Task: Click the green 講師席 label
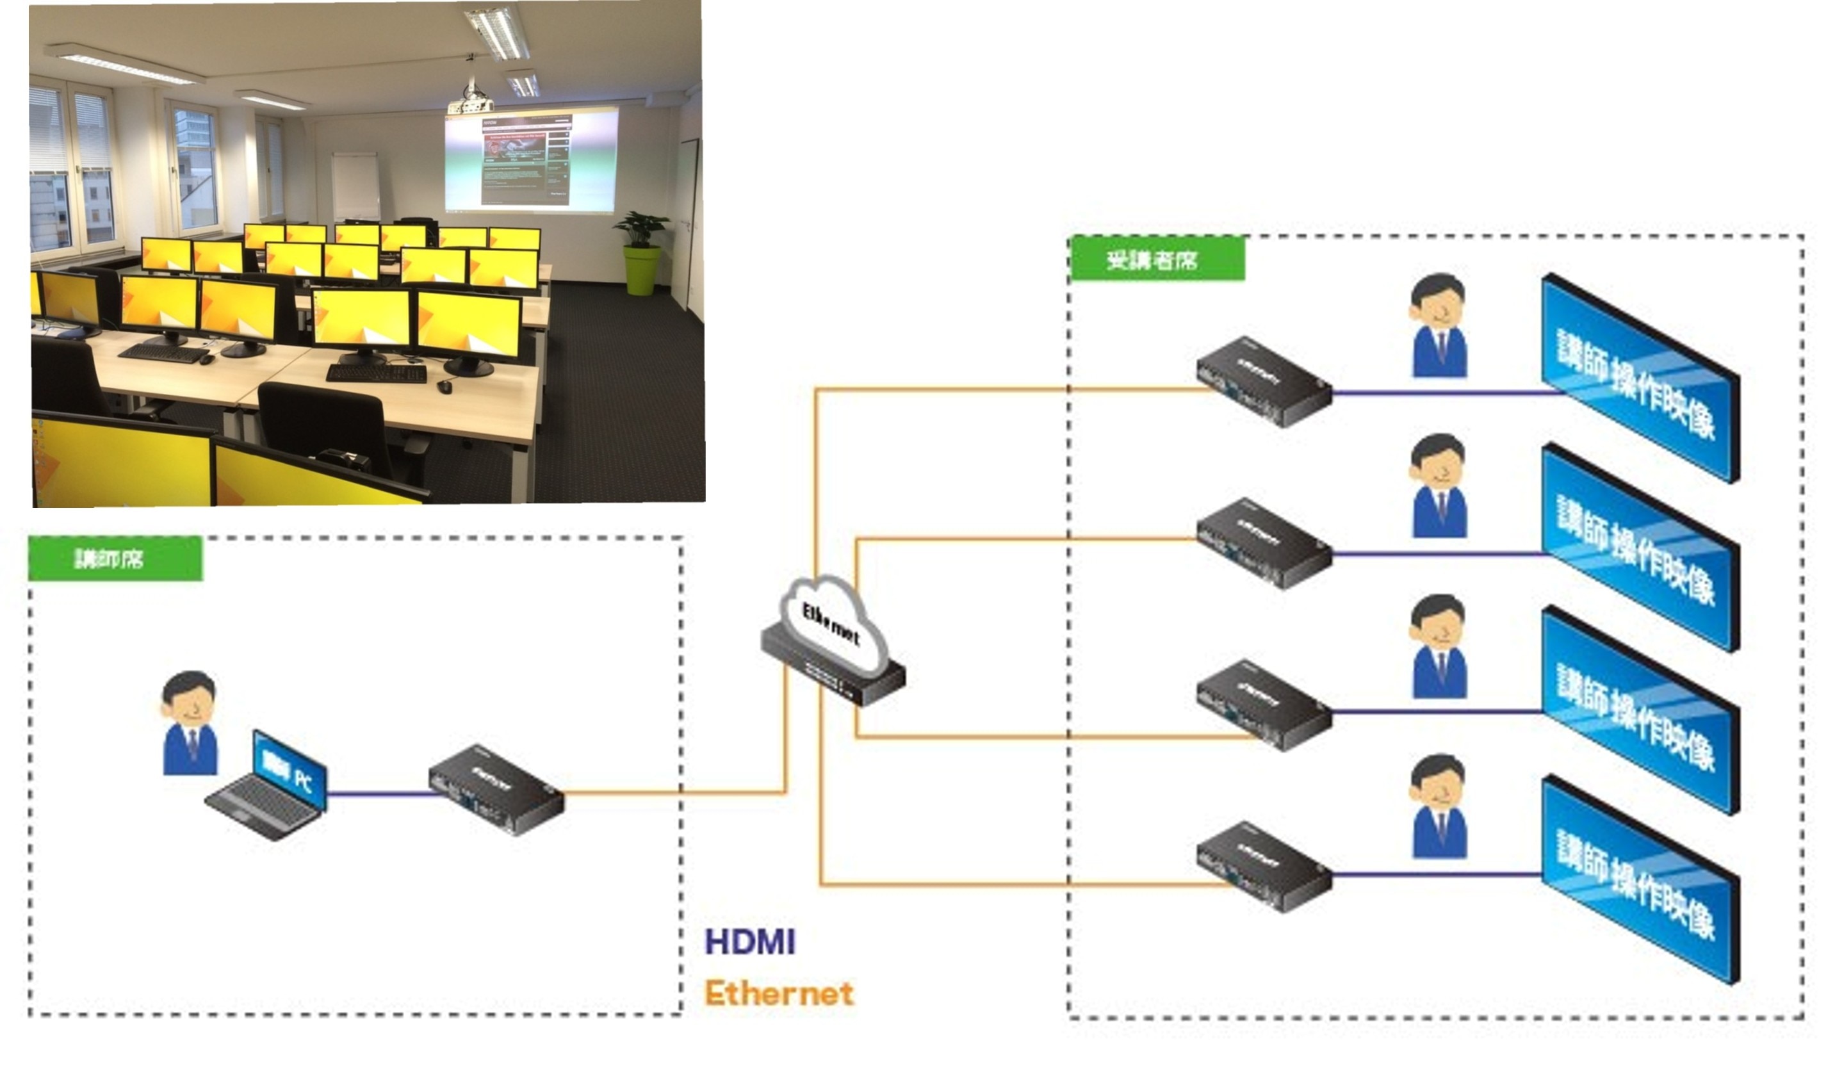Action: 115,559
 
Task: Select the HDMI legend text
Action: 750,943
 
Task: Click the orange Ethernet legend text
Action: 778,994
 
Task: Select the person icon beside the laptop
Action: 190,722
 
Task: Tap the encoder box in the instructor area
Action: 496,790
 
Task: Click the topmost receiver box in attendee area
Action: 1263,381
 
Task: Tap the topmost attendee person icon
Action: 1439,326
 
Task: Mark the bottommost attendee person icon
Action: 1439,806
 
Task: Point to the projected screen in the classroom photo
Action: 530,159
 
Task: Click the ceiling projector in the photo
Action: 468,103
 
